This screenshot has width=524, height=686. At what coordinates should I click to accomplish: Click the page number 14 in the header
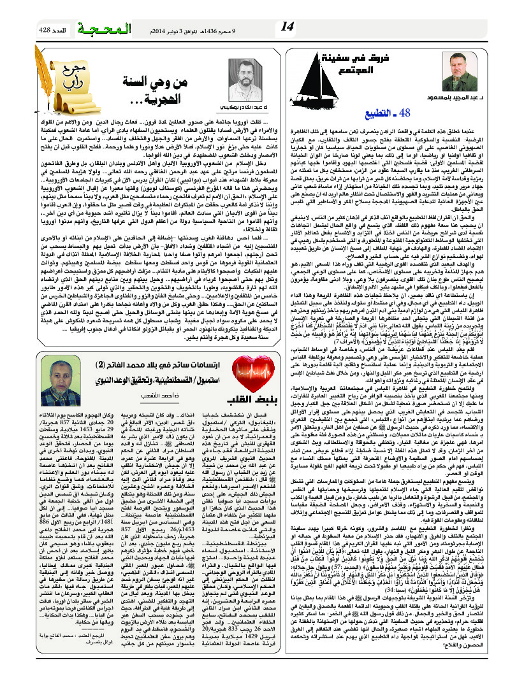287,26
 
